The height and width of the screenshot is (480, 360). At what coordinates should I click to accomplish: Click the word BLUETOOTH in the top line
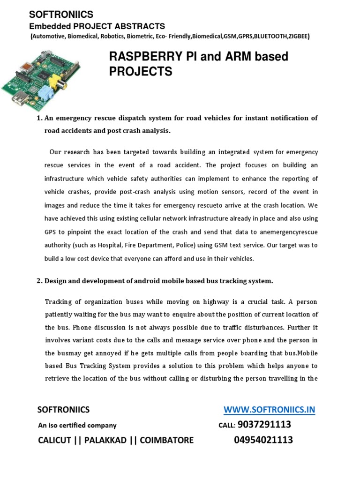coord(261,36)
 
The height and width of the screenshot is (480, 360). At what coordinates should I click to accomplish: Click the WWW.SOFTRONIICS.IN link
coord(270,410)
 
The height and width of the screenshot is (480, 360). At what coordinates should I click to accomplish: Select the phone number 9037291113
coord(264,425)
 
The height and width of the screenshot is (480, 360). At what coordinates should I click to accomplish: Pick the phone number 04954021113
coord(263,440)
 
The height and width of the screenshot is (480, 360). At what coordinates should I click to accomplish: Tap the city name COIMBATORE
coord(164,440)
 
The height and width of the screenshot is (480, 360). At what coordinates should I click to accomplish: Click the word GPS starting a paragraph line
coord(50,232)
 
